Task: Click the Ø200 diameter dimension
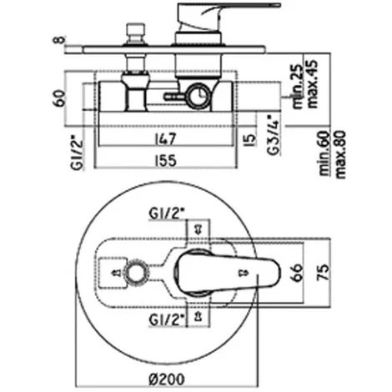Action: pos(166,379)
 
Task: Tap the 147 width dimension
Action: pos(165,139)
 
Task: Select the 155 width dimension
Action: pos(165,161)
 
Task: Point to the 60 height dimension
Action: pos(59,98)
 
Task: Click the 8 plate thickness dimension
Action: pos(58,40)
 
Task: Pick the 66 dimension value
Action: pos(297,273)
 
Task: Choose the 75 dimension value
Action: pos(323,273)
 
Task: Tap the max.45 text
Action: pos(312,83)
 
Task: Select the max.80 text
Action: pos(340,154)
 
